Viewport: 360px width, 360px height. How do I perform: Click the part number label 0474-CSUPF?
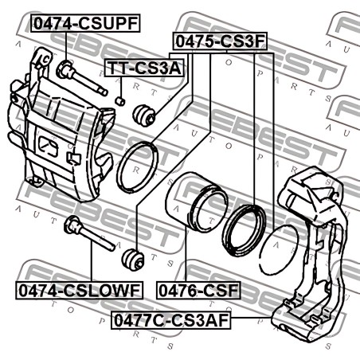coord(85,23)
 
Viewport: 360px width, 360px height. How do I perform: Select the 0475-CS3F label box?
coord(220,41)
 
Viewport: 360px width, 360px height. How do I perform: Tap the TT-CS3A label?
coord(144,68)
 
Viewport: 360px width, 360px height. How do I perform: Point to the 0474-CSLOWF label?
coord(79,290)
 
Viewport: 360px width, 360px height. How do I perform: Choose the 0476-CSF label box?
coord(198,290)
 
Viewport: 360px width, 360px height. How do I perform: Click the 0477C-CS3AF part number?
coord(171,320)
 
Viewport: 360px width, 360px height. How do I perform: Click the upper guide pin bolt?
coord(82,78)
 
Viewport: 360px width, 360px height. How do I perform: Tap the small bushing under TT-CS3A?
coord(120,101)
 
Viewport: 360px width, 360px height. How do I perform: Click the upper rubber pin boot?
coord(143,115)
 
